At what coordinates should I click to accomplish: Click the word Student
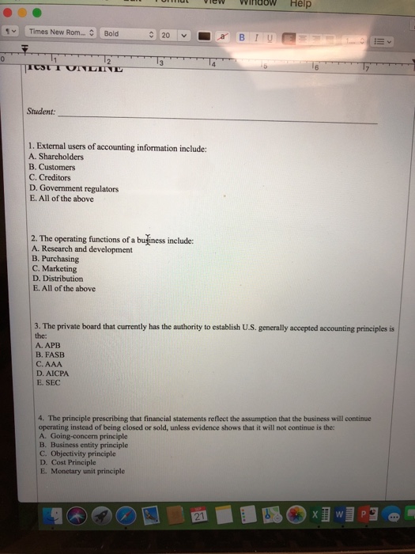(x=41, y=112)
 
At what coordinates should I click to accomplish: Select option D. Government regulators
(x=74, y=189)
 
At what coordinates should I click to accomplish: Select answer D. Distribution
(x=57, y=279)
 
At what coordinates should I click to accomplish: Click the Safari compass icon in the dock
(x=126, y=516)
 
